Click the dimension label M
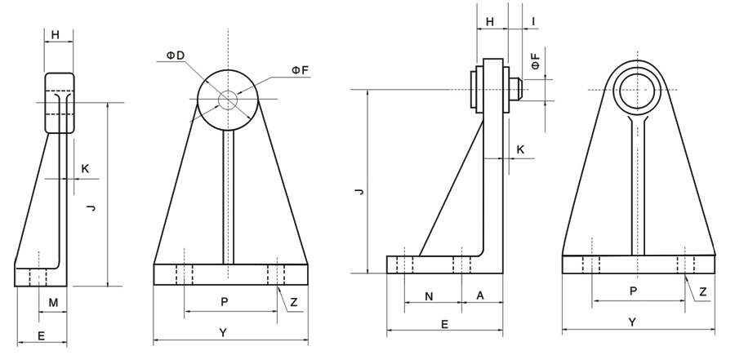point(53,303)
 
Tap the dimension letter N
point(430,297)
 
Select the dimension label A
point(479,297)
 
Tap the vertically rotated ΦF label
point(534,61)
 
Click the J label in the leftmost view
point(92,210)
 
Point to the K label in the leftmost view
point(85,169)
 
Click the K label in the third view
point(520,150)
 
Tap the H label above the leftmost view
point(56,34)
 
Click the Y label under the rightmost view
point(631,322)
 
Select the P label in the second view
point(225,301)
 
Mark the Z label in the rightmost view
point(702,291)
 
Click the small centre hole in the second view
point(227,100)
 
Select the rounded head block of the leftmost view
point(59,103)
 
